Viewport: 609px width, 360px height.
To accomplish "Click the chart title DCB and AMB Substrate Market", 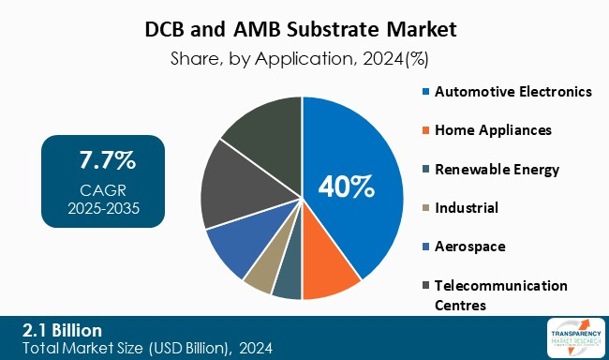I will point(304,29).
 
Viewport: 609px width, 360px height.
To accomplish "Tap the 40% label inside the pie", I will point(347,187).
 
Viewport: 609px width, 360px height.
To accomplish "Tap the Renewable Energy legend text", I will point(496,169).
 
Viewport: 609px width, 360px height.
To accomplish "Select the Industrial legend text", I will point(466,207).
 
